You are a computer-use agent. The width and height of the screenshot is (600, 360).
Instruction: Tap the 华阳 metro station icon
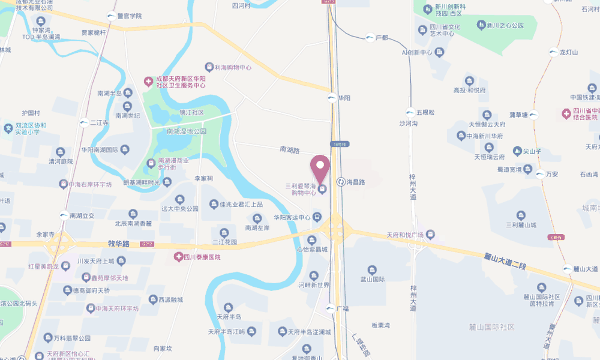point(332,97)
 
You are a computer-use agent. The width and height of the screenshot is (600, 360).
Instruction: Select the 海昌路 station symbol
point(341,181)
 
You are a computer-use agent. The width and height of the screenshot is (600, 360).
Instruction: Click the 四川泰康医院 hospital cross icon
point(178,257)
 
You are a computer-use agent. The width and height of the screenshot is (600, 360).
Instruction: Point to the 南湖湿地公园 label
point(186,131)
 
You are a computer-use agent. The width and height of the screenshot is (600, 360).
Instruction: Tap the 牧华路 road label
point(119,244)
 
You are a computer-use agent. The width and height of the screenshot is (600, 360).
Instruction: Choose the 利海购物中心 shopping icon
point(209,67)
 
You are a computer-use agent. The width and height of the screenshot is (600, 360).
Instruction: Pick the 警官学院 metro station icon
point(112,16)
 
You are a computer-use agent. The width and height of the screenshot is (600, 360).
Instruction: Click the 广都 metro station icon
point(370,38)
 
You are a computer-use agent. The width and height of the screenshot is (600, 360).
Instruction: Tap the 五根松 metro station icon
point(410,112)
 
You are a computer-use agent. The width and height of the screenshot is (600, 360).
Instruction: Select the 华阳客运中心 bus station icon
point(317,217)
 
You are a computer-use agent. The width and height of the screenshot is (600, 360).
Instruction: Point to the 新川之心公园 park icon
point(481,25)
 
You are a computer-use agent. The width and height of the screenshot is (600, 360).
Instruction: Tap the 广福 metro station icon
point(331,308)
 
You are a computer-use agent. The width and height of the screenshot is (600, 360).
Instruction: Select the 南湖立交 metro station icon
point(63,215)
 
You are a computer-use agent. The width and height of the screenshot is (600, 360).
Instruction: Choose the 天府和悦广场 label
point(405,234)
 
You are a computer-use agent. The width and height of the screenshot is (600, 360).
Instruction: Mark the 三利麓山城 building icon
point(520,215)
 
